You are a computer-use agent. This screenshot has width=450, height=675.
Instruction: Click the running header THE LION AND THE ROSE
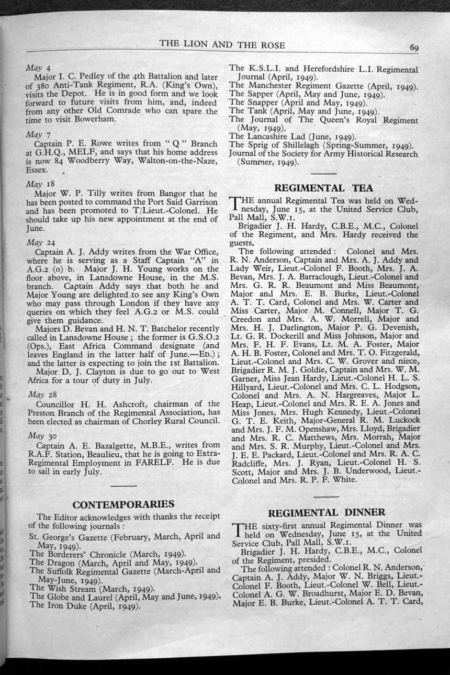click(222, 44)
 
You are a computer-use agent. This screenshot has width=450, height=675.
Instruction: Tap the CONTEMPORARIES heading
click(123, 504)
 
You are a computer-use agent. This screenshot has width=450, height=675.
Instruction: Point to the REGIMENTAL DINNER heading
click(327, 512)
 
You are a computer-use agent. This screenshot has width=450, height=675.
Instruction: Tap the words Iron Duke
click(66, 605)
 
